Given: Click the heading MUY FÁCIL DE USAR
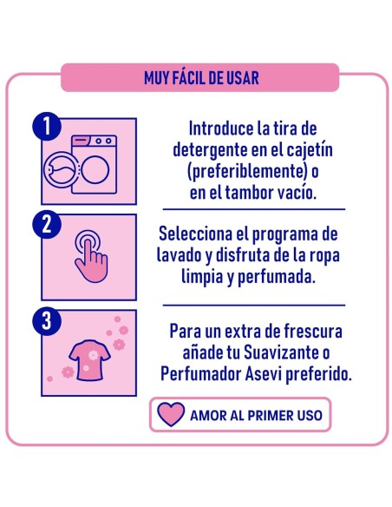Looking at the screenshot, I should click(x=201, y=77).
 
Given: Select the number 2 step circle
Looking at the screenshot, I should click(x=46, y=224).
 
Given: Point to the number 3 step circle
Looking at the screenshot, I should click(x=46, y=321).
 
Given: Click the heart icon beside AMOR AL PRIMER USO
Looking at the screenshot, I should click(x=172, y=415).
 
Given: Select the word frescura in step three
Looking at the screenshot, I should click(x=304, y=333).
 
